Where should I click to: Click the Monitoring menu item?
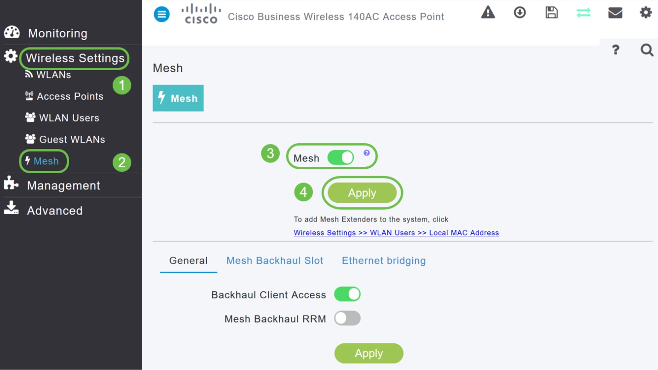pos(57,33)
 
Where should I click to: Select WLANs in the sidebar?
pos(53,75)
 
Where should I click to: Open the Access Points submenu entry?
pos(69,96)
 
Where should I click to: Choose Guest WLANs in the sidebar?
pos(72,139)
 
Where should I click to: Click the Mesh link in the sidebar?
pos(46,161)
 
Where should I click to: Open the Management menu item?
pos(63,185)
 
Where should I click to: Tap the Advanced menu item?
pos(54,211)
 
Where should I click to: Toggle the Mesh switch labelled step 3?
pos(341,158)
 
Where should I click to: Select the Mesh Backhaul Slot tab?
pos(275,261)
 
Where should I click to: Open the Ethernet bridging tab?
pos(384,261)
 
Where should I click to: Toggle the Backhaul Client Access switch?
pos(347,294)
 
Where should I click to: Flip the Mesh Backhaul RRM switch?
pos(347,318)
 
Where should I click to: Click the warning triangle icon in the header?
pos(488,12)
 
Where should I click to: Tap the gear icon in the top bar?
pos(646,12)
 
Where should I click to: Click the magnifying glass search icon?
pos(646,50)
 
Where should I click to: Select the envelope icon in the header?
pos(615,12)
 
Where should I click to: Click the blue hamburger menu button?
pos(162,14)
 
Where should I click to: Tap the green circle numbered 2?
pos(122,162)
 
